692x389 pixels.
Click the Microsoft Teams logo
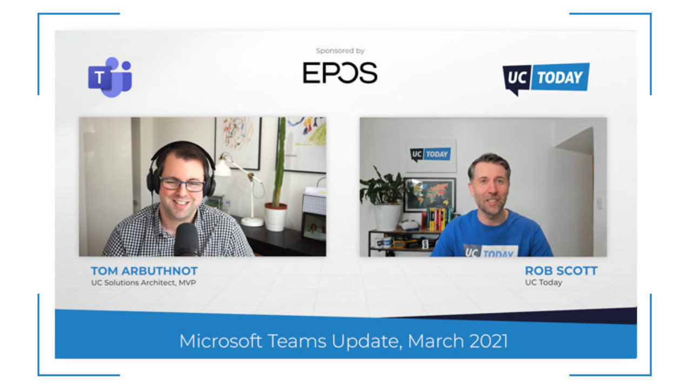[x=110, y=77]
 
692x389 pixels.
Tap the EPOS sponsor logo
[x=340, y=73]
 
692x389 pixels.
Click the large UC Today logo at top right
[x=546, y=78]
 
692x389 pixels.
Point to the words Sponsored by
[x=340, y=51]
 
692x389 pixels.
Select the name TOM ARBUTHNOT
[x=144, y=271]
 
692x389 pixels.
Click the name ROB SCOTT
[x=561, y=271]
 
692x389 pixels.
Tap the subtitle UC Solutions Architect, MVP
[x=143, y=283]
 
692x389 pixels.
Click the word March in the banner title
[x=436, y=341]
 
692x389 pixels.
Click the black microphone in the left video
[x=187, y=239]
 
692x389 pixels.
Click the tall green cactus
[x=280, y=161]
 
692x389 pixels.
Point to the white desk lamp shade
[x=224, y=166]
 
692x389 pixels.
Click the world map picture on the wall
[x=430, y=194]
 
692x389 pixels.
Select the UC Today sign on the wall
[x=431, y=155]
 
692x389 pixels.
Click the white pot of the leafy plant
[x=388, y=217]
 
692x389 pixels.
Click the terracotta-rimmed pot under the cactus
[x=276, y=217]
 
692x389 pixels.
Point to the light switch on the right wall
[x=599, y=203]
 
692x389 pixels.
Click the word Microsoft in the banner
[x=221, y=341]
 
